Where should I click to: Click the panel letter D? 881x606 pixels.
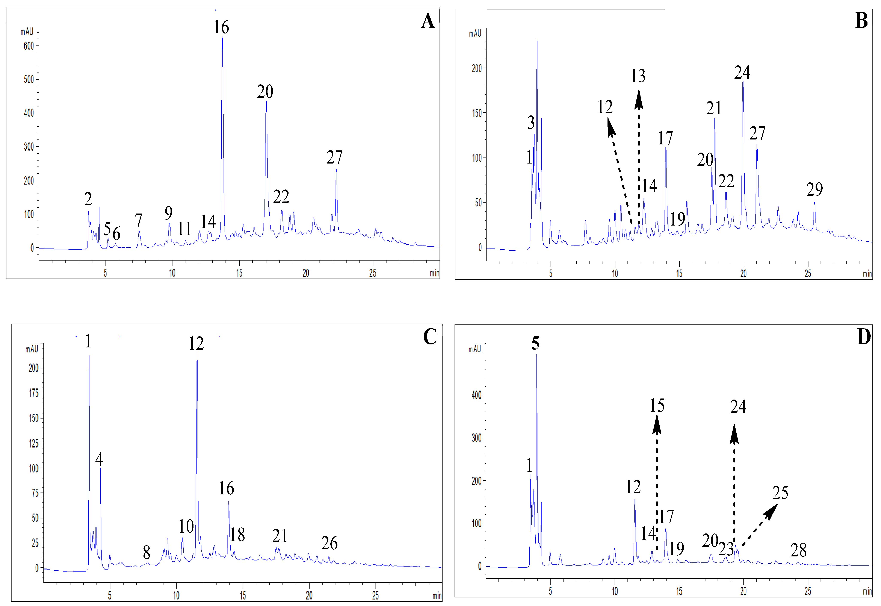pos(864,336)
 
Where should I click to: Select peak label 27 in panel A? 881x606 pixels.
pos(334,157)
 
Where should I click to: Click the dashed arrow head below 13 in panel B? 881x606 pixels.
pos(639,100)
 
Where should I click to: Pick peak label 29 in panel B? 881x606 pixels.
pos(814,189)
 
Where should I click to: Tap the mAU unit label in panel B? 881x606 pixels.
pos(475,34)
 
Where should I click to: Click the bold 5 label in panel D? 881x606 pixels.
pos(535,343)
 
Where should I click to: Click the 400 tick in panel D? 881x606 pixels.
pos(476,395)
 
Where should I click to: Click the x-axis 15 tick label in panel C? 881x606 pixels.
pos(243,595)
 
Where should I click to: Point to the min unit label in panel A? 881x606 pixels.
pos(434,273)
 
